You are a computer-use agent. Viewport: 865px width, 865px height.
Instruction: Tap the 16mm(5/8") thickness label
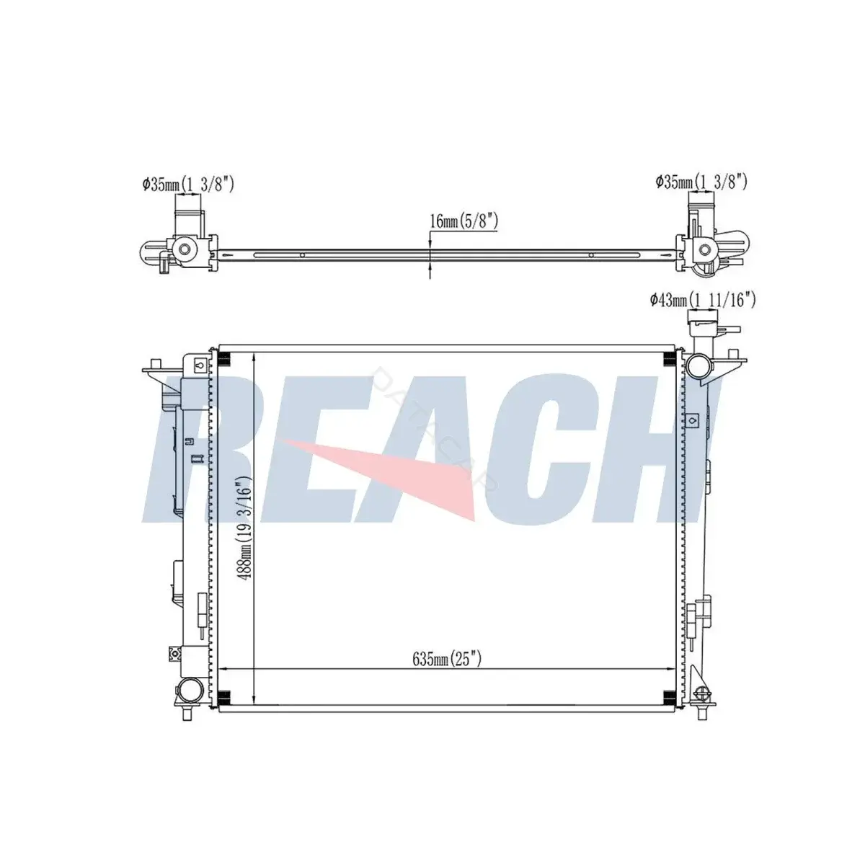pos(463,221)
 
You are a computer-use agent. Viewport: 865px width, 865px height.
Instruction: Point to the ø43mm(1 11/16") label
pos(703,300)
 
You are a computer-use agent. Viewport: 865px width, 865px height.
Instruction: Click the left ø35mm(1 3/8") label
pos(188,184)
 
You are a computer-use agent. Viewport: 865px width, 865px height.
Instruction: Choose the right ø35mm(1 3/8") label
pos(701,182)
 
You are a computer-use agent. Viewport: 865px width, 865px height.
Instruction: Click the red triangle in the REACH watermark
pos(377,478)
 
